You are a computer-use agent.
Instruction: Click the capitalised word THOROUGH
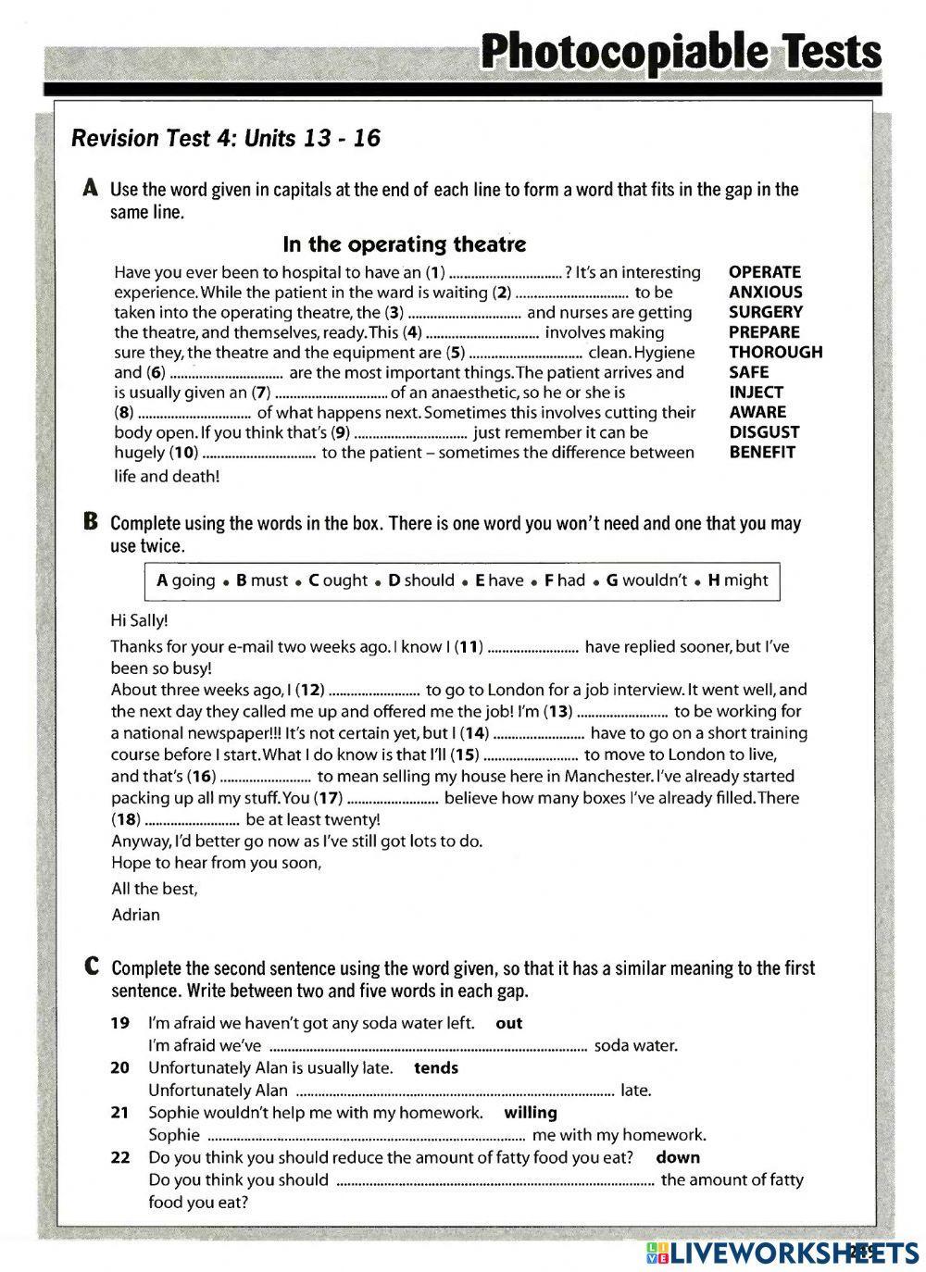(x=775, y=352)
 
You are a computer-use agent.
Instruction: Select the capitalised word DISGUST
(x=764, y=432)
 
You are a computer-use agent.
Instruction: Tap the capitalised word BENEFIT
(x=762, y=453)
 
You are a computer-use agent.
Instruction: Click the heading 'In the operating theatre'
(x=404, y=244)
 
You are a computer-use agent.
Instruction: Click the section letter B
(x=90, y=521)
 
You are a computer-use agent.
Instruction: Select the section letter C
(x=91, y=966)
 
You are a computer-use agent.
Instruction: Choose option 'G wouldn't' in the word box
(x=646, y=580)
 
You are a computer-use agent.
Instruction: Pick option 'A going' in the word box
(x=185, y=580)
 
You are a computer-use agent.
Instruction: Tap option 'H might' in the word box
(x=738, y=580)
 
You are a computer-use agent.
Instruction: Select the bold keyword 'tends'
(x=436, y=1067)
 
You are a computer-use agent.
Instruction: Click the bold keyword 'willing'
(x=531, y=1112)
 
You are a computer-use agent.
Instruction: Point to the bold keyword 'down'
(x=678, y=1157)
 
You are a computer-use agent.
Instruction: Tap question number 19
(x=119, y=1023)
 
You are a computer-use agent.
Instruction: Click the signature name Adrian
(x=135, y=915)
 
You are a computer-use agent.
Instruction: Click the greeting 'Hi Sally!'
(x=139, y=620)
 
